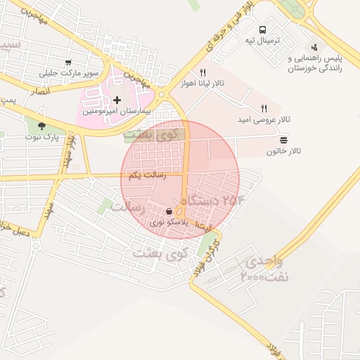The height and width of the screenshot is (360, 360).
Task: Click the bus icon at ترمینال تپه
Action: pyautogui.click(x=262, y=30)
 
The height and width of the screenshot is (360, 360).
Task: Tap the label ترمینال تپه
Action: pyautogui.click(x=262, y=41)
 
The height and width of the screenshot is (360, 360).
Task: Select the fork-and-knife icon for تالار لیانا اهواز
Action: pyautogui.click(x=202, y=72)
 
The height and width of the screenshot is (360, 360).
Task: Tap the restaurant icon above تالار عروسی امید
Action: pyautogui.click(x=264, y=108)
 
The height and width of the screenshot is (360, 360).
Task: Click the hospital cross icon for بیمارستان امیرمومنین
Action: pyautogui.click(x=117, y=101)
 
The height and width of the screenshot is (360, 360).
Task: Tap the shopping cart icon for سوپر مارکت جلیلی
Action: pyautogui.click(x=68, y=63)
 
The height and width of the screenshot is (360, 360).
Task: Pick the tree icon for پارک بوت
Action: pyautogui.click(x=41, y=127)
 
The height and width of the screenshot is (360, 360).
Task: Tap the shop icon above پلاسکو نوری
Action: pyautogui.click(x=169, y=211)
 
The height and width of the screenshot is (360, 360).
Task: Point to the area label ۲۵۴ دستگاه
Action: pyautogui.click(x=224, y=200)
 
